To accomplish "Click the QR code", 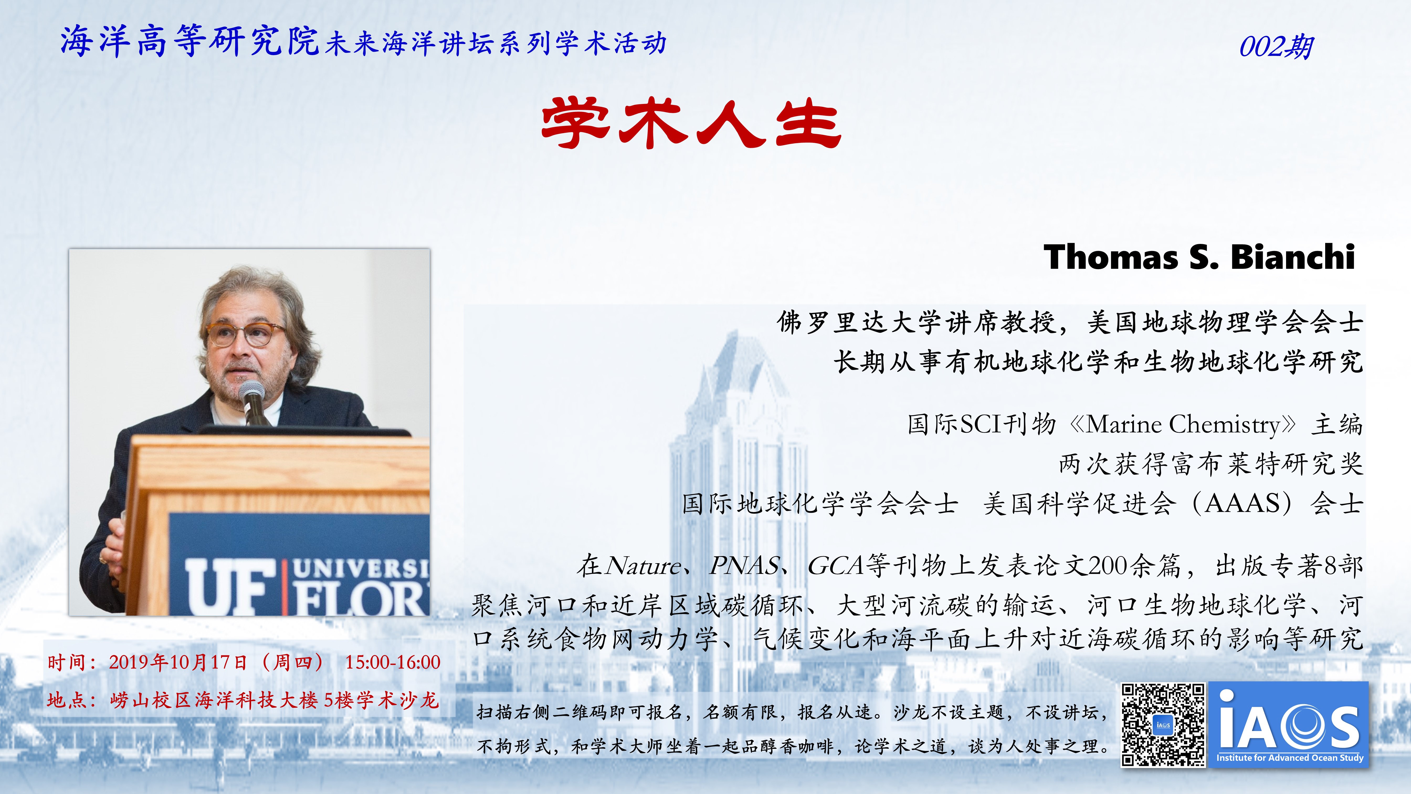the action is [1163, 724].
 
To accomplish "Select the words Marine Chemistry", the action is [1183, 425].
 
